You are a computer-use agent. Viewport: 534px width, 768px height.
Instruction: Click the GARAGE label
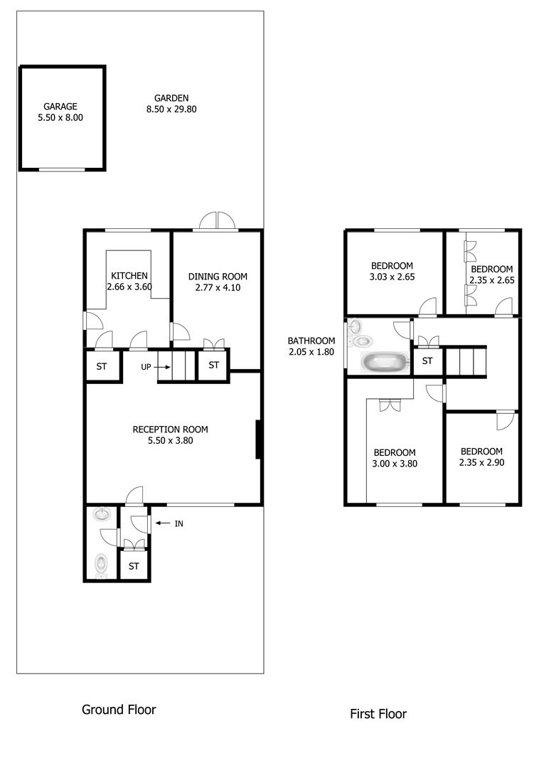click(x=60, y=106)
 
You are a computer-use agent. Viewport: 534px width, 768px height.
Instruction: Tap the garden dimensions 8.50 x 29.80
click(x=171, y=110)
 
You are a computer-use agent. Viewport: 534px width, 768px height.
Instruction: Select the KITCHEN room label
click(x=129, y=276)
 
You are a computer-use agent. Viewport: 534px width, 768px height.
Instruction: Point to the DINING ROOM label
click(x=218, y=277)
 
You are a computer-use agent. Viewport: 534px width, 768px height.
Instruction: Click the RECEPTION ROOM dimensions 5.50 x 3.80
click(x=171, y=440)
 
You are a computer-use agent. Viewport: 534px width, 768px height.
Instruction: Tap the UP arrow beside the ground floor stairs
click(x=162, y=367)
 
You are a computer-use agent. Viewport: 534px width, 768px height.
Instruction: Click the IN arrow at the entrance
click(x=162, y=523)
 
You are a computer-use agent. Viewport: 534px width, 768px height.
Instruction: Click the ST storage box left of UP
click(x=102, y=366)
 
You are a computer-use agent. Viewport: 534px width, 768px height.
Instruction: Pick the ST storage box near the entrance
click(x=134, y=566)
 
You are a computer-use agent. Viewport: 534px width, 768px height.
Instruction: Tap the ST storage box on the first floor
click(x=427, y=361)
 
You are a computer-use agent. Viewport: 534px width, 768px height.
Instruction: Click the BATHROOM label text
click(x=311, y=341)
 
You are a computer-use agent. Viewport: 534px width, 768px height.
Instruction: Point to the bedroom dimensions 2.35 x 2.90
click(x=481, y=462)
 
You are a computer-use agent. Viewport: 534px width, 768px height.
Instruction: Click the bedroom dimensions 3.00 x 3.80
click(x=395, y=464)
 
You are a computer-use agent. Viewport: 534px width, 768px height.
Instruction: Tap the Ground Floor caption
click(x=119, y=710)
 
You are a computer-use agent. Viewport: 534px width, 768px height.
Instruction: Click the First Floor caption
click(x=378, y=714)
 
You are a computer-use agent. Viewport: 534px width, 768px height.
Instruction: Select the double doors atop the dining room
click(x=217, y=221)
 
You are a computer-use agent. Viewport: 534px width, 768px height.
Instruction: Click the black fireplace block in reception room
click(x=258, y=439)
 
